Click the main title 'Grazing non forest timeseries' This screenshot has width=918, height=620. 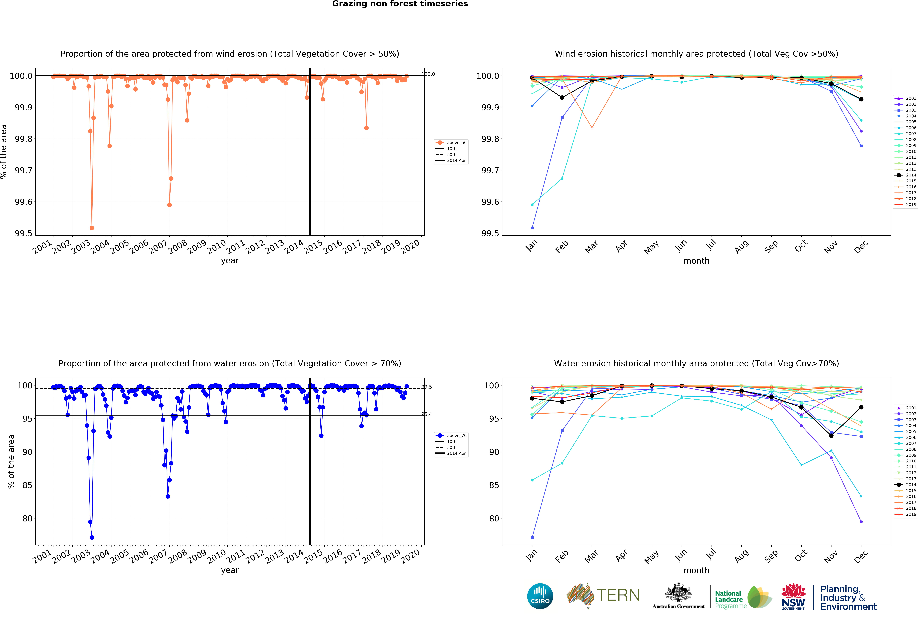point(400,4)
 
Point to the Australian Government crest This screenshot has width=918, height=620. point(678,592)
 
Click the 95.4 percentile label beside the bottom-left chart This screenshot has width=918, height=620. point(427,414)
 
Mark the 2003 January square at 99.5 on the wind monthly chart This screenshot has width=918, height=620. point(532,228)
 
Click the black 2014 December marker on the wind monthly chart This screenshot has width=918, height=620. point(861,99)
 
